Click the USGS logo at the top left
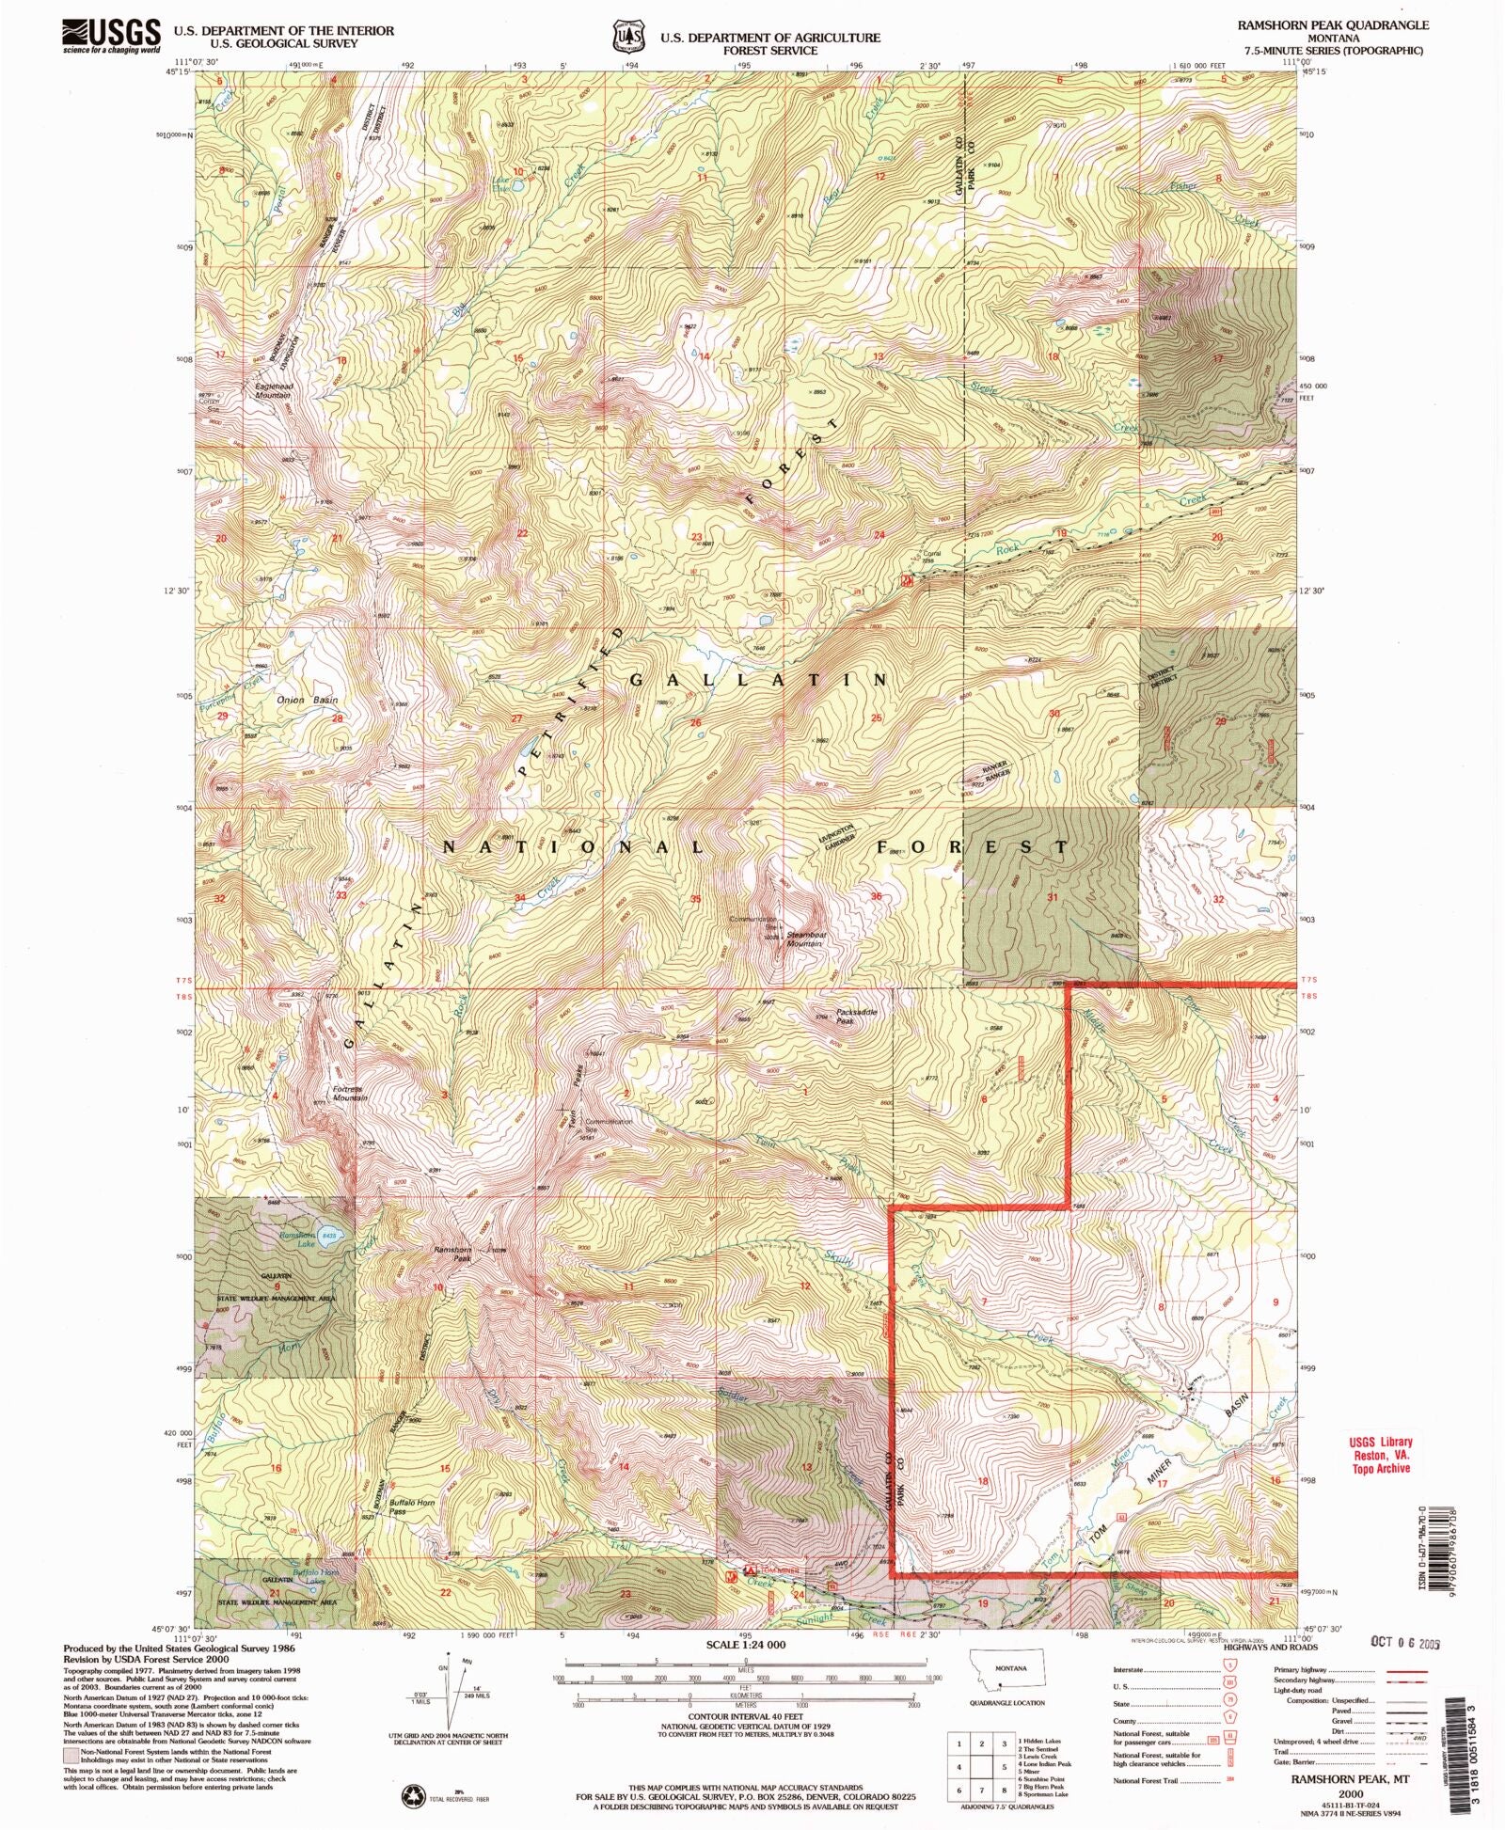[111, 36]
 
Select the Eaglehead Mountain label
[273, 390]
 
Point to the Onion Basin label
[307, 701]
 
